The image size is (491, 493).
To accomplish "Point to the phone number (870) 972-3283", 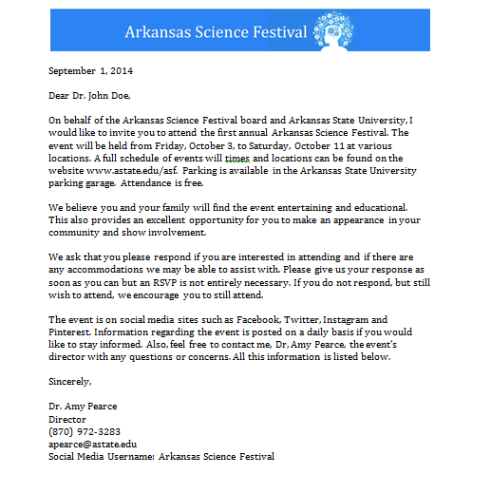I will tap(85, 430).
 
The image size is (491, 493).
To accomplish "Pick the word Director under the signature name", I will tap(67, 418).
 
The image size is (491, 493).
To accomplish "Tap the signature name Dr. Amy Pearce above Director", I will tap(85, 406).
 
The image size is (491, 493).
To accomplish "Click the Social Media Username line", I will tap(161, 456).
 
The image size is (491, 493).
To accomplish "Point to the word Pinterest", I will tap(73, 332).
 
